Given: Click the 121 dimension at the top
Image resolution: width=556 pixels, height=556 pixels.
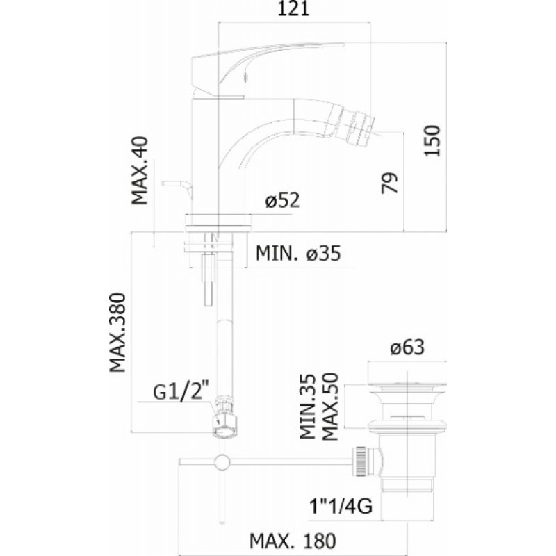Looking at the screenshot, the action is coord(293,8).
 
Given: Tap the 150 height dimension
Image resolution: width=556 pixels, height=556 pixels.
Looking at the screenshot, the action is coord(432,140).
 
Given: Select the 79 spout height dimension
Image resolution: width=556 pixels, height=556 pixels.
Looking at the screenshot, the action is coord(390,183).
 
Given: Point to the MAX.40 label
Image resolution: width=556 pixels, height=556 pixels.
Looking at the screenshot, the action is coord(140,170).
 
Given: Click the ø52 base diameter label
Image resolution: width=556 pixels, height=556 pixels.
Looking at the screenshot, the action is coord(283,200).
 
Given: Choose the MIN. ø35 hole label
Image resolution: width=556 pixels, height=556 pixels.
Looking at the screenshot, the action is coord(298,253).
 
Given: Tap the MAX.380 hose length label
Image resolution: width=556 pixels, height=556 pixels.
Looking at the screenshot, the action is coord(117,332).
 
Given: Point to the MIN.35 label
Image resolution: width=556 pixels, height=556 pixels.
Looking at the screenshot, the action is coord(307,407).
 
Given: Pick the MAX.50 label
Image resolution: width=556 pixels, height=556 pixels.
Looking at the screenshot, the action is coord(331,406).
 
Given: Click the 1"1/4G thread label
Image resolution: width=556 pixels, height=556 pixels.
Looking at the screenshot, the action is coord(341,506).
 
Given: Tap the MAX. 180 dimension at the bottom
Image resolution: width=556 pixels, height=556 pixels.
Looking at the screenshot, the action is coord(293,541).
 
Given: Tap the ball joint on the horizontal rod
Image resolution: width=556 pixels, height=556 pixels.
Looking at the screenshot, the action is coord(222,462).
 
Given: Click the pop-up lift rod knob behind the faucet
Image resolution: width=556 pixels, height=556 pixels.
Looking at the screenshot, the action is coord(177,187).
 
